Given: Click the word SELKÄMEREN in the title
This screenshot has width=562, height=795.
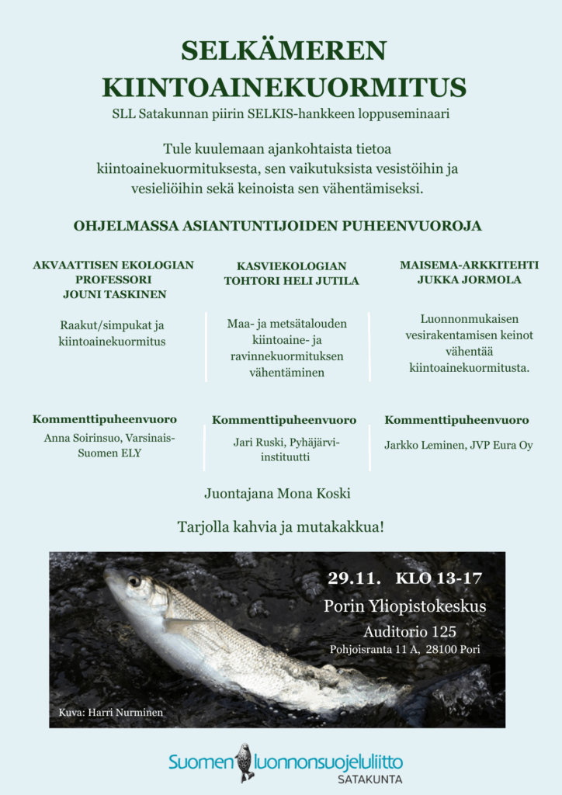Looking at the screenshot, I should tap(283, 51).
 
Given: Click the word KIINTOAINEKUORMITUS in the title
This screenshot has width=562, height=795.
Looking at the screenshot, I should tap(283, 86).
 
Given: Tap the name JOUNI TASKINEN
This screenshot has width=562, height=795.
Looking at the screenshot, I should tap(114, 294).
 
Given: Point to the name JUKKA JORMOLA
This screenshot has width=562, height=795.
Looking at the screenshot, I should tap(469, 279).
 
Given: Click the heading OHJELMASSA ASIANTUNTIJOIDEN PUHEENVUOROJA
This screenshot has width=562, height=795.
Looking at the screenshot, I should tap(277, 226).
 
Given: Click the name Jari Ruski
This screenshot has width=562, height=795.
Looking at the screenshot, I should tap(259, 443).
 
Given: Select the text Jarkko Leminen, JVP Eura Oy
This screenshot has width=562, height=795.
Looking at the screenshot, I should tap(458, 446).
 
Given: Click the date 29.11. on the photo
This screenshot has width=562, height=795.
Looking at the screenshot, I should tap(354, 578).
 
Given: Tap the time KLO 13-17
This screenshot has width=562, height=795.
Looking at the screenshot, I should tap(439, 578).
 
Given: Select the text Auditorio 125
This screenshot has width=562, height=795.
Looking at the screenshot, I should tap(410, 631).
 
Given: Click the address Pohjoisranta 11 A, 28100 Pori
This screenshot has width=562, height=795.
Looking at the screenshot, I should tap(405, 649).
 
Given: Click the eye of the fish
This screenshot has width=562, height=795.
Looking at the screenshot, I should tap(134, 580).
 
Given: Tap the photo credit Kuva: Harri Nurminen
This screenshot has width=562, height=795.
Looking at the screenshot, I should tap(111, 712).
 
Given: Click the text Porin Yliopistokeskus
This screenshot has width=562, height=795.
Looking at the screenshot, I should tap(405, 606).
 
